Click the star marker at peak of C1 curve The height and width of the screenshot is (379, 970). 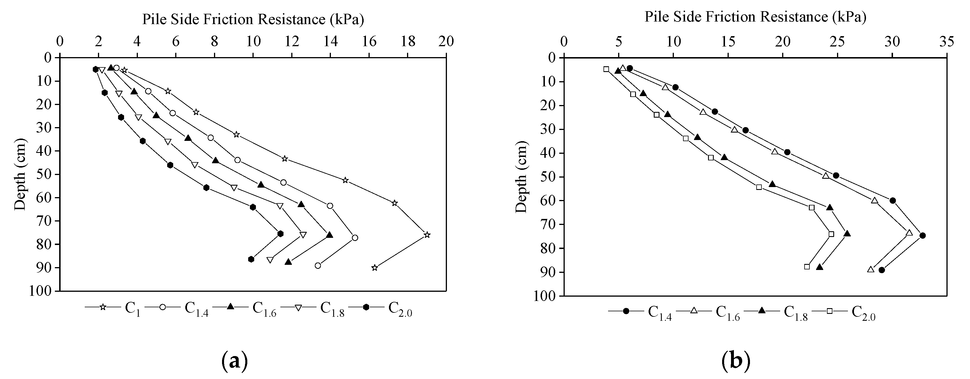point(427,235)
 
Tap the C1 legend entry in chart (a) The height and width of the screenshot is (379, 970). point(113,307)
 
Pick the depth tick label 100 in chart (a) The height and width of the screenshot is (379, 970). point(40,291)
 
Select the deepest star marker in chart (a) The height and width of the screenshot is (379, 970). point(374,268)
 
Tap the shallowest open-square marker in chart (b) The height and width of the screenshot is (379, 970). point(606,69)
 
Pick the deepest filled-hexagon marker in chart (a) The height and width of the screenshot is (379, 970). point(251,259)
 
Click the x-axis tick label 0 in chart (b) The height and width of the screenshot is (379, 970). point(564,41)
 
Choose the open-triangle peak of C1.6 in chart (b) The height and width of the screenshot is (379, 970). point(909,233)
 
